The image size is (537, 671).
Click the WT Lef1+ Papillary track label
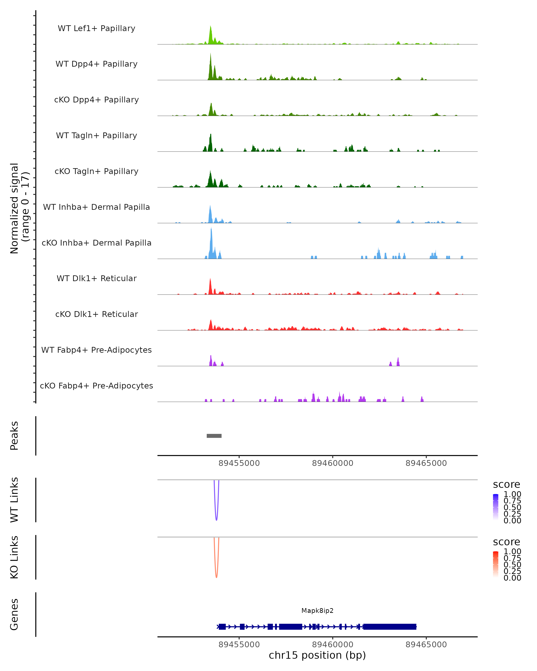(96, 28)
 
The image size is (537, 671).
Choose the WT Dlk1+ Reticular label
(96, 278)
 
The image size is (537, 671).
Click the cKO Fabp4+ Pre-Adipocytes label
(96, 386)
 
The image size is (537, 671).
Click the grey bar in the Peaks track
(214, 436)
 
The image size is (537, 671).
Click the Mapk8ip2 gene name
(317, 611)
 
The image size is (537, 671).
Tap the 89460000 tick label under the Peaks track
(332, 463)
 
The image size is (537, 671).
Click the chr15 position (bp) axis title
(317, 655)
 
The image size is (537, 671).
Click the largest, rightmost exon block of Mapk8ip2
(390, 626)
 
